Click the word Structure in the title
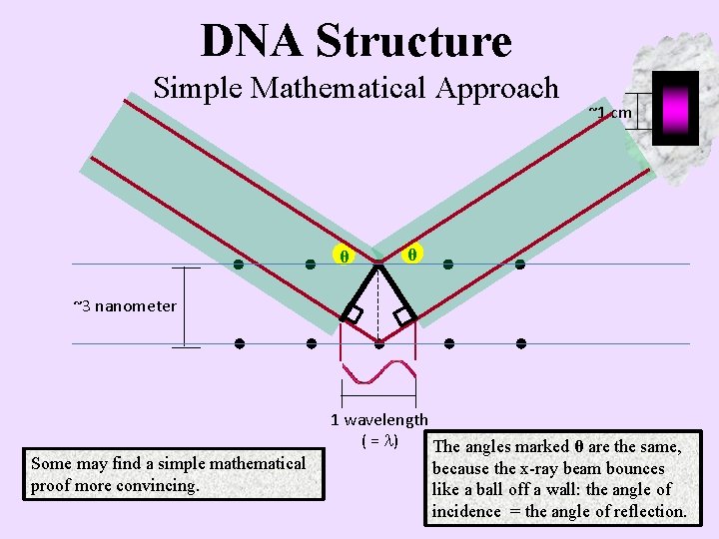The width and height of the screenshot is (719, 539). [x=414, y=41]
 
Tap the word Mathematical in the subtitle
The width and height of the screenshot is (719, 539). [x=342, y=88]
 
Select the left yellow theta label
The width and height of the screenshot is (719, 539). [x=344, y=257]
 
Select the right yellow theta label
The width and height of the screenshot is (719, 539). [x=410, y=254]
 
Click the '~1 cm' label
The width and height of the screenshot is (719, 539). [x=609, y=112]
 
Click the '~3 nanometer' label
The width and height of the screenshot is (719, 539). [x=125, y=305]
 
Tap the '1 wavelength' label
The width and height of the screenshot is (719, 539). [x=379, y=420]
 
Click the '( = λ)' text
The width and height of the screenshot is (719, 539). [x=379, y=440]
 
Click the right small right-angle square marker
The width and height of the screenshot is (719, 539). [x=404, y=315]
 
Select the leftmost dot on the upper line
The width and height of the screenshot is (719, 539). [x=239, y=265]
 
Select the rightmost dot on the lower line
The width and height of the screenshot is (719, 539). [x=521, y=343]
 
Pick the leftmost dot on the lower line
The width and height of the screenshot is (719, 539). [x=240, y=343]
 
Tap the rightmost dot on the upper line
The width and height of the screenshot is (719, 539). [x=519, y=265]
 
